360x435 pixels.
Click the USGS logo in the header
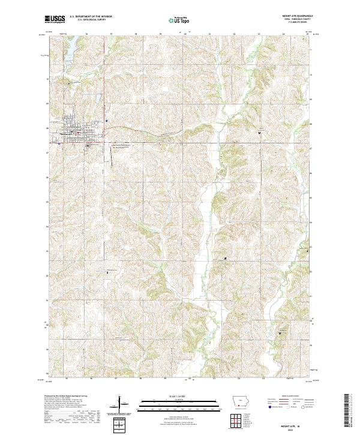click(x=55, y=19)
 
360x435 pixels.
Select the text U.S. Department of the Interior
click(x=91, y=17)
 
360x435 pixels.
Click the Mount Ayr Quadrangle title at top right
click(x=292, y=17)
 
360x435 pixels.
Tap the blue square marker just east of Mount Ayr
click(x=106, y=121)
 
